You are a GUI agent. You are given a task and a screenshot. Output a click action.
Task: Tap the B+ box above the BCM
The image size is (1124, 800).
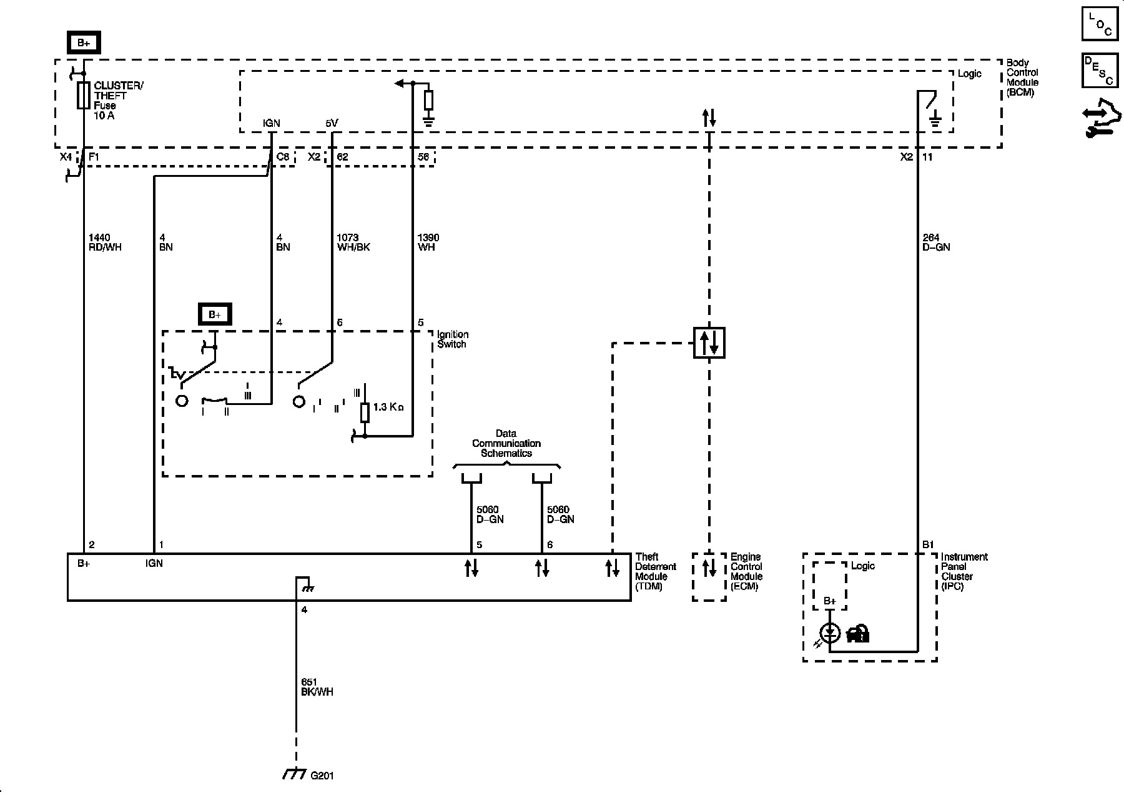click(84, 43)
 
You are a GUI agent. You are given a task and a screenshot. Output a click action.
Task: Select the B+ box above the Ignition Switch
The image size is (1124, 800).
click(215, 314)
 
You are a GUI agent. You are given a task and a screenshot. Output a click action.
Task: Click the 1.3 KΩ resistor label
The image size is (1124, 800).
click(388, 407)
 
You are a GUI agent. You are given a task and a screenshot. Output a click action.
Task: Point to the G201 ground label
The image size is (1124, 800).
click(322, 776)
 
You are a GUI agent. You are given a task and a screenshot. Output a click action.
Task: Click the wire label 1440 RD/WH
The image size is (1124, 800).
click(105, 242)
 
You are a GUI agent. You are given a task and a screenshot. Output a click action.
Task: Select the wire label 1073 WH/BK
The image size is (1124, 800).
click(353, 242)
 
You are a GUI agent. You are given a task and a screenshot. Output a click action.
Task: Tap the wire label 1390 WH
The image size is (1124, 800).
click(428, 242)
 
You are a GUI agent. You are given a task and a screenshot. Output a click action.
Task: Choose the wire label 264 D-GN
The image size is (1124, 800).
click(936, 242)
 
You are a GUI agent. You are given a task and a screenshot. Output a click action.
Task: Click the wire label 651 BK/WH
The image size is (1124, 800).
click(317, 687)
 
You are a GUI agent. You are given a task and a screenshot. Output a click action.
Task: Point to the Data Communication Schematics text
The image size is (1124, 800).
click(506, 443)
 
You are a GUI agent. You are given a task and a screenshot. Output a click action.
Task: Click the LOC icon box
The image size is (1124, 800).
click(1099, 23)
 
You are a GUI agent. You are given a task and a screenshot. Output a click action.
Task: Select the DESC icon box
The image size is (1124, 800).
click(1099, 70)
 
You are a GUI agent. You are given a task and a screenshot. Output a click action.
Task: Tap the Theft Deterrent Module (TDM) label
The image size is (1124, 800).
click(656, 571)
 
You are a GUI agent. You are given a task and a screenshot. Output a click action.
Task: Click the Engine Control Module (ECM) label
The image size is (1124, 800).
click(746, 571)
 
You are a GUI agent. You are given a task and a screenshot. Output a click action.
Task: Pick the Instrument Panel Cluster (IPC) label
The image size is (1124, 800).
click(964, 571)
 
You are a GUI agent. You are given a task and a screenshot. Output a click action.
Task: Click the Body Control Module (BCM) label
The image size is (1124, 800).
click(1022, 77)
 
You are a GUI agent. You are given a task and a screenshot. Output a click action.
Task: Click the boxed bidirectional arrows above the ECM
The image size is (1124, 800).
click(709, 342)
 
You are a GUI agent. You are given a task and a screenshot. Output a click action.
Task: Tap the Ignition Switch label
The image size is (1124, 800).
click(453, 339)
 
